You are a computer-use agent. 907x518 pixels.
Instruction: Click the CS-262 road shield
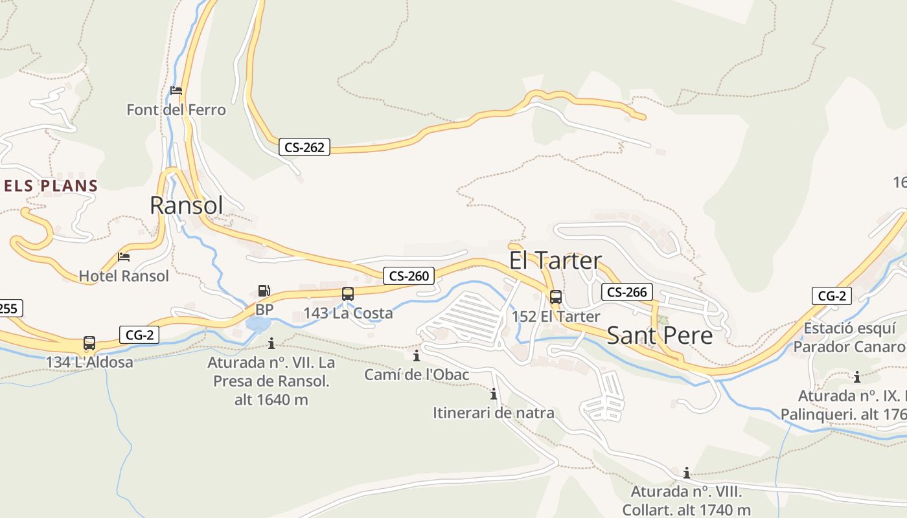click(304, 147)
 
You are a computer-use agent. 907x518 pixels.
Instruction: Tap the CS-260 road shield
click(408, 276)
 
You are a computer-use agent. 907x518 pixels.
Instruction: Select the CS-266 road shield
click(626, 292)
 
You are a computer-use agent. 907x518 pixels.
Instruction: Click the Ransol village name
click(187, 205)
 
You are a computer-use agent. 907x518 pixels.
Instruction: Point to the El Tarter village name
click(555, 260)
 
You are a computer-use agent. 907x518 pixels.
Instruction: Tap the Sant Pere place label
click(660, 335)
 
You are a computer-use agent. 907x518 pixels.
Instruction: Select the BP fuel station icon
click(264, 291)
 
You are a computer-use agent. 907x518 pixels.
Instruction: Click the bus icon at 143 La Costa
click(348, 294)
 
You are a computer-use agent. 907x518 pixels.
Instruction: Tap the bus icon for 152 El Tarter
click(556, 297)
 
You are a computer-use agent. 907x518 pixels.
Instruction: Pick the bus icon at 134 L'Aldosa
click(89, 343)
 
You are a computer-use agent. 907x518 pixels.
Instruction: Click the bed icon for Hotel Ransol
click(124, 257)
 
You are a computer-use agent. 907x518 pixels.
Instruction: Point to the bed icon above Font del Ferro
click(176, 91)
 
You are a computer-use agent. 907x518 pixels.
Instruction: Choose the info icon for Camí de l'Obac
click(417, 355)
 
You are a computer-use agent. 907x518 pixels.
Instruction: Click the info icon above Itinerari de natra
click(494, 394)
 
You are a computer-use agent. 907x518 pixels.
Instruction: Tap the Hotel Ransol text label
click(124, 276)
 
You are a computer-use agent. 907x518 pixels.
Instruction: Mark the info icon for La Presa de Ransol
click(271, 343)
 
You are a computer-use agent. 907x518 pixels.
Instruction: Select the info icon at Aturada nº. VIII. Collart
click(687, 473)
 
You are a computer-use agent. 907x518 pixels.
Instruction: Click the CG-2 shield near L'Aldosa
click(139, 335)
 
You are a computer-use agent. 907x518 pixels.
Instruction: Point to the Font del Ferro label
click(176, 110)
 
